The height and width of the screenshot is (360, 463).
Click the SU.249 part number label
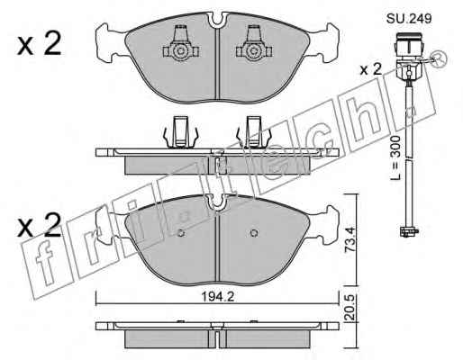coord(409,19)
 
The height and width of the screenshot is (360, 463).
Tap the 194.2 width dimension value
coord(218,297)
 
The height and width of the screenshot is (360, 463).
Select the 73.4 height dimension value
coord(350,239)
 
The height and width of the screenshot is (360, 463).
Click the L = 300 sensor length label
coord(395,157)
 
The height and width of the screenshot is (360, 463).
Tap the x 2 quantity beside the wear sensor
coord(371,69)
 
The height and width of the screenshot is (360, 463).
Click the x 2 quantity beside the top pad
coord(39,44)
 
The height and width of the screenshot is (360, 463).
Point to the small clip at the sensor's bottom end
coord(409,231)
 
